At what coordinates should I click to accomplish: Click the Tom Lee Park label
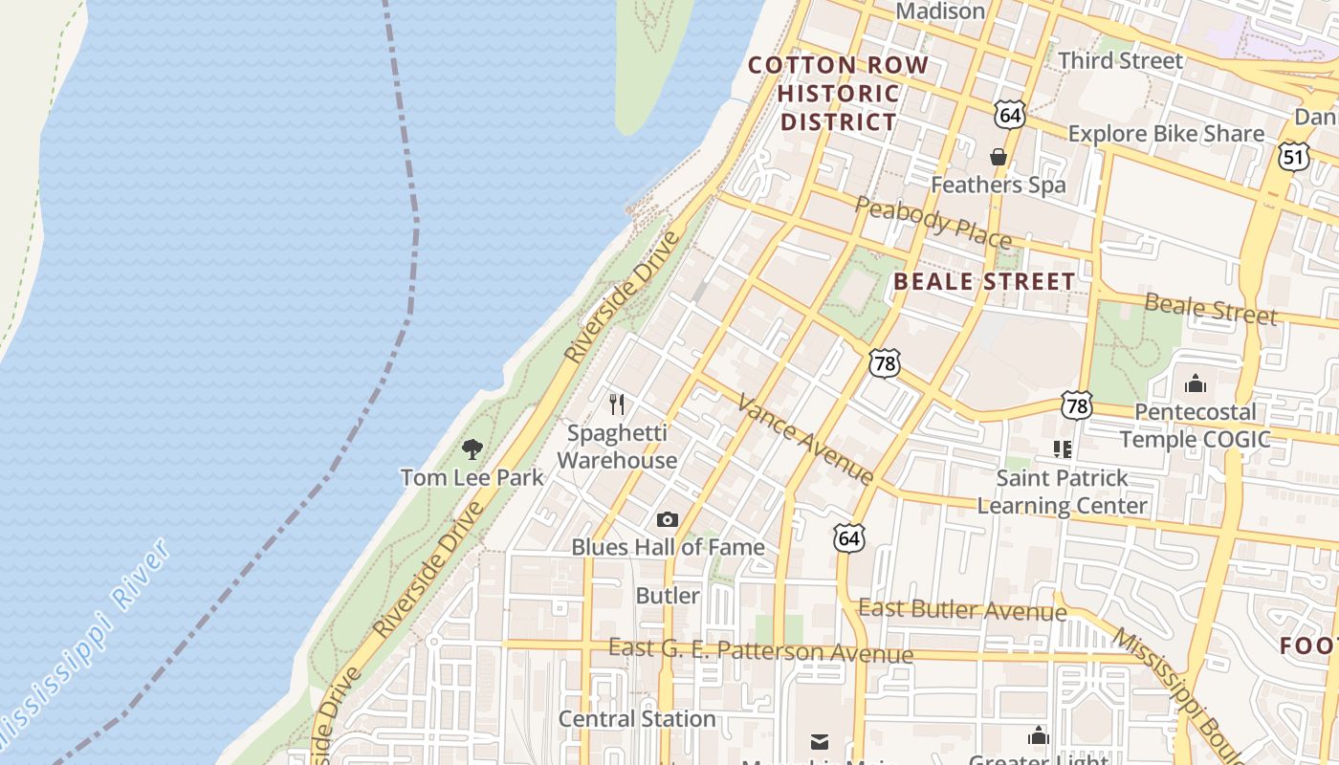click(472, 477)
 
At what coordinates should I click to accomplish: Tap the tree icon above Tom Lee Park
click(472, 448)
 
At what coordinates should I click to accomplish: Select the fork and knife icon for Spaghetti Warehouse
click(617, 404)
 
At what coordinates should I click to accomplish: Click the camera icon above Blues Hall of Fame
click(668, 520)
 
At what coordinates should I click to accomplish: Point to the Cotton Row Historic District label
click(838, 94)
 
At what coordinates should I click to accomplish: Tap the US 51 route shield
click(1293, 156)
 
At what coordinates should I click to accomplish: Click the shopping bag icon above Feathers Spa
click(999, 157)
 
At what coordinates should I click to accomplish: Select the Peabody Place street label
click(933, 223)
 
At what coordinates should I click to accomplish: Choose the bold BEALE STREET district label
click(984, 282)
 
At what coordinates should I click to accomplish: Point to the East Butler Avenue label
click(962, 609)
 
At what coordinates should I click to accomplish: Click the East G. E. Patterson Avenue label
click(760, 651)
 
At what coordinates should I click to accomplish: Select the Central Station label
click(637, 719)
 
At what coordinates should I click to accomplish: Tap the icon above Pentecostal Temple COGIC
click(1196, 384)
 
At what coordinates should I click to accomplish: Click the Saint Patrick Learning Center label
click(1062, 492)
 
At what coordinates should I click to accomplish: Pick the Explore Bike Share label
click(1166, 134)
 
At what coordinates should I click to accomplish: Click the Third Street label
click(1120, 61)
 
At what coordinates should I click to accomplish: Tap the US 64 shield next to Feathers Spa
click(1009, 115)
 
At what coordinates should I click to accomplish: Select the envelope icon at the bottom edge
click(820, 741)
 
